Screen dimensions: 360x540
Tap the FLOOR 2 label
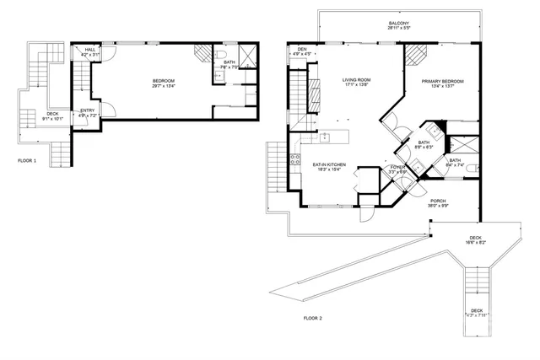click(313, 318)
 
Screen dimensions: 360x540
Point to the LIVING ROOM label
click(357, 80)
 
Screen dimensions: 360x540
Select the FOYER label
click(397, 168)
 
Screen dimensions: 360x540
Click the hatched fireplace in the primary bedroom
click(414, 56)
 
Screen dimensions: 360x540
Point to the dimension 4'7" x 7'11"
click(477, 315)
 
